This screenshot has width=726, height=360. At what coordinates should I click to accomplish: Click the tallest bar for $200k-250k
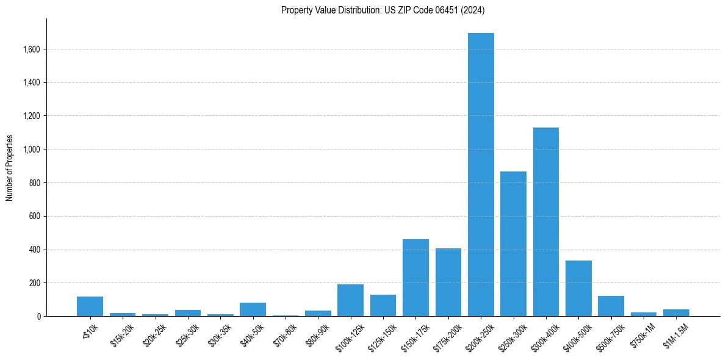point(481,175)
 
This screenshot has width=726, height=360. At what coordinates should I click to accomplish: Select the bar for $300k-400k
point(546,222)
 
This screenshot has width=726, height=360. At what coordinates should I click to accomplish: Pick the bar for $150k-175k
point(415,278)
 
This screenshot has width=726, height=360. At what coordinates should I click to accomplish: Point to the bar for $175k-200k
point(448,283)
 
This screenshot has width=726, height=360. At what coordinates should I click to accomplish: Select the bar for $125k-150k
point(383,306)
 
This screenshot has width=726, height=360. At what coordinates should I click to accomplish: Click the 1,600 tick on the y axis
point(31,49)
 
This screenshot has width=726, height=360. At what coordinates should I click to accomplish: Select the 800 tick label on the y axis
point(34,183)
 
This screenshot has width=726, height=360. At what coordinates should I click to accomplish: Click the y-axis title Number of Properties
point(9,167)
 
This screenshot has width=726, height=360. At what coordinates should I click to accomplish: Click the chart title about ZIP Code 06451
point(383,10)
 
